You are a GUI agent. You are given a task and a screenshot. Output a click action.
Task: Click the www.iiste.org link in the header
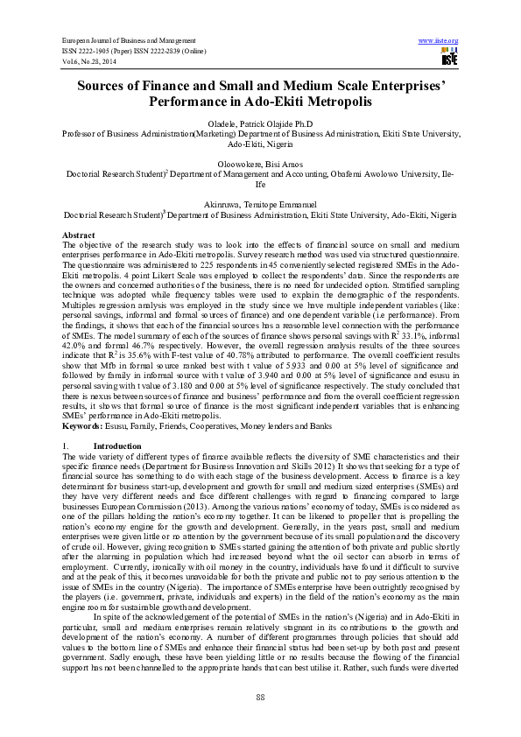point(440,41)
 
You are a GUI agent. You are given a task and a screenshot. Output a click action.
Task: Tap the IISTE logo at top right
point(448,57)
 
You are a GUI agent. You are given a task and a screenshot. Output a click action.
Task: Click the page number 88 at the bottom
point(260,696)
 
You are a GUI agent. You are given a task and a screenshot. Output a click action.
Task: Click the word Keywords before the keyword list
point(84,425)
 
